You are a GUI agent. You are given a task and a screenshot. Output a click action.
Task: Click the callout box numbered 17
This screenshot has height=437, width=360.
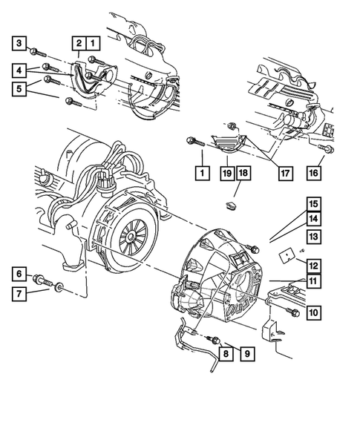(284, 173)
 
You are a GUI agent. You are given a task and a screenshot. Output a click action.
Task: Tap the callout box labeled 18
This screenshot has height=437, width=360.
(246, 173)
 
